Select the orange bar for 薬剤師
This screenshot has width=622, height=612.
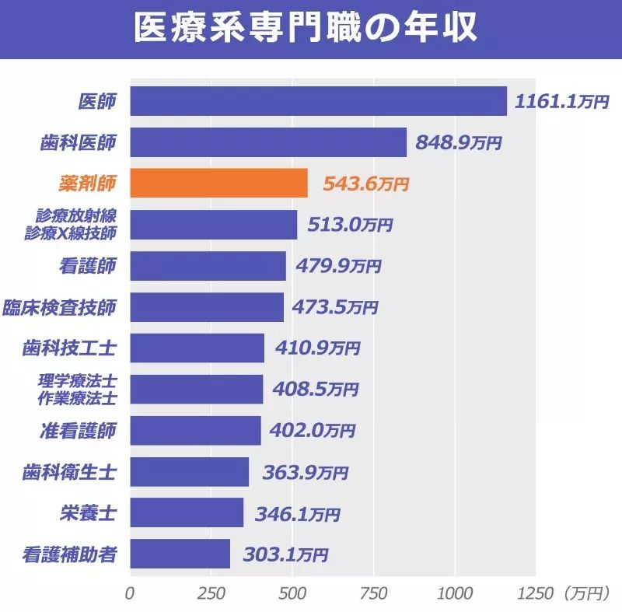tap(218, 184)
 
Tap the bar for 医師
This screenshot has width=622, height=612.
tap(318, 101)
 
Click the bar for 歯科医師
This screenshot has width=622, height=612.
tap(267, 142)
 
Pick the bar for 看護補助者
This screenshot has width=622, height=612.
tap(180, 554)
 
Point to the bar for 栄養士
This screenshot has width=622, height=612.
tap(187, 512)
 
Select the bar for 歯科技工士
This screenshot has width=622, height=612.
tap(197, 348)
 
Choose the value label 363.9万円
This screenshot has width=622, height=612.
tap(305, 472)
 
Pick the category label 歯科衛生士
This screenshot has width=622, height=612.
tap(69, 472)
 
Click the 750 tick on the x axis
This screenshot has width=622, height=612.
tap(373, 593)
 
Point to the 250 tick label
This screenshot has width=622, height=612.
tap(210, 593)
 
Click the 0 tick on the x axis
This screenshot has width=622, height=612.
tap(130, 593)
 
